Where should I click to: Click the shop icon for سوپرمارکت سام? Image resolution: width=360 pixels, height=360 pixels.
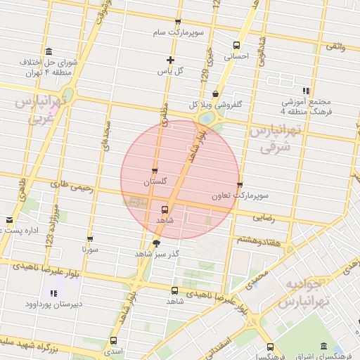[177, 22]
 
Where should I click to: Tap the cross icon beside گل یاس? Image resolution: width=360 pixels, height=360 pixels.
[169, 60]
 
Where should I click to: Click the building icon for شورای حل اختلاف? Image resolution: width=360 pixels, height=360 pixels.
[48, 52]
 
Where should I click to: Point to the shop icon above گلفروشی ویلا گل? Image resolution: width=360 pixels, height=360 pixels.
[215, 94]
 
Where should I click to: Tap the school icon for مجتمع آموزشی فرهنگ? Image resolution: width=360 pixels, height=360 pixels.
[305, 91]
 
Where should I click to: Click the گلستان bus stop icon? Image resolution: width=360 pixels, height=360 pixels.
[155, 171]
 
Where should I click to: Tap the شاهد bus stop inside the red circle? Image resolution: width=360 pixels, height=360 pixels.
[165, 209]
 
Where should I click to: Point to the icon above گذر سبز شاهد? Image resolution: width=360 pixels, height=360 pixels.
[156, 243]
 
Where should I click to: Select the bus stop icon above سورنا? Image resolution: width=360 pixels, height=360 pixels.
[89, 238]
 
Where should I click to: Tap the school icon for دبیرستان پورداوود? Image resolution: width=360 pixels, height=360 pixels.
[53, 292]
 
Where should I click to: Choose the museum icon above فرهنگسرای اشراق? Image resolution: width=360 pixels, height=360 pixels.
[323, 347]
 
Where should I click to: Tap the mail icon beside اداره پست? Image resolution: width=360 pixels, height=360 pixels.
[9, 219]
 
